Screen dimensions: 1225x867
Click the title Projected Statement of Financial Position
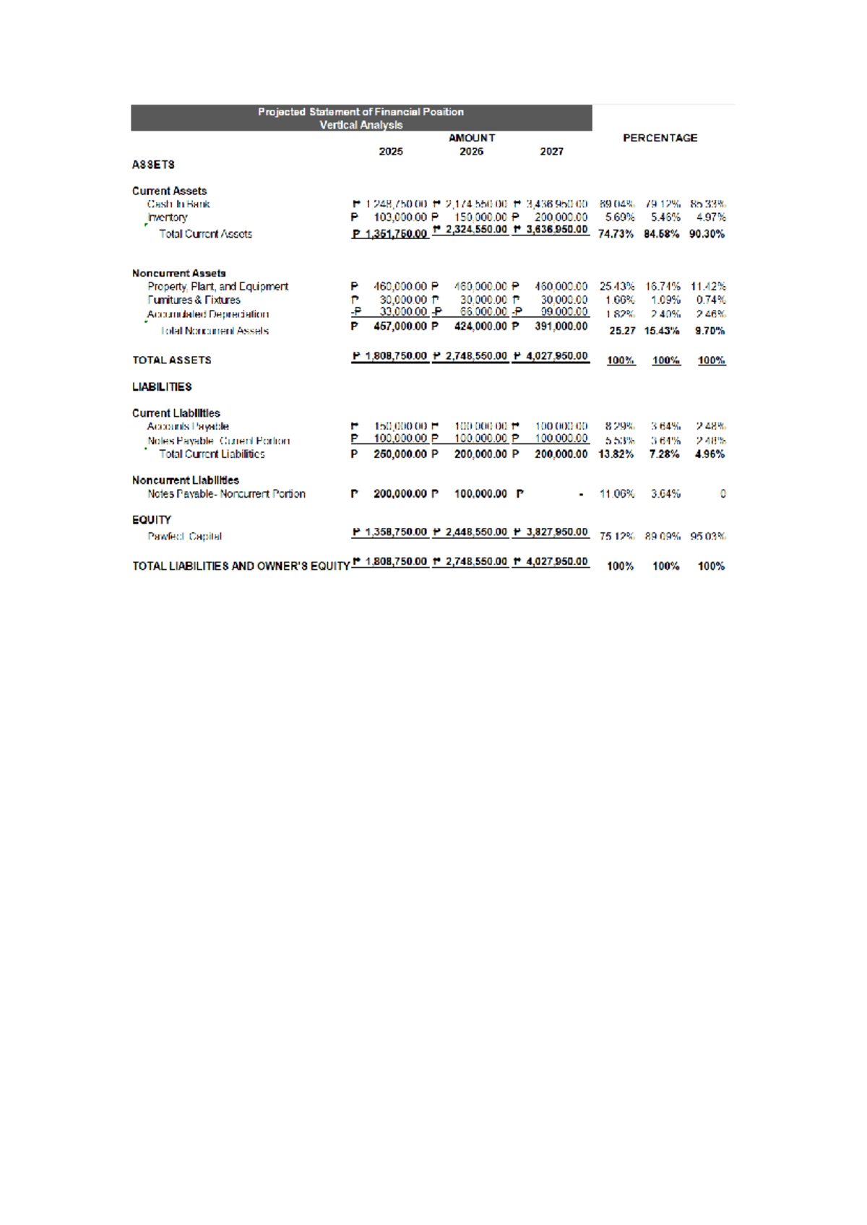361,112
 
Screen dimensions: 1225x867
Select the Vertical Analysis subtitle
361,125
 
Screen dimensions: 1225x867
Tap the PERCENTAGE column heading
660,138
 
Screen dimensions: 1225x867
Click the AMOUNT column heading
472,138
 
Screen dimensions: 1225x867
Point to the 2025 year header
391,152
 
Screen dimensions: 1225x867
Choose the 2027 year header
551,152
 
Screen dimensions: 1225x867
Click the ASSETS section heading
153,165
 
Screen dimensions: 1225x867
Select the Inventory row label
168,217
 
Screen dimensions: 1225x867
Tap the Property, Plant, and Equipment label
217,287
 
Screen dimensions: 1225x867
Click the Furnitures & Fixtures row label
194,300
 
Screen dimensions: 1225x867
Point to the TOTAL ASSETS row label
172,360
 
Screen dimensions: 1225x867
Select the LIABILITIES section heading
162,387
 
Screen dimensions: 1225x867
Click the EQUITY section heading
152,520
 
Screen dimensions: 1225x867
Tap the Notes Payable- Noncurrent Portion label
226,494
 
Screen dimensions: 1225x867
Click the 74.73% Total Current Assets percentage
616,234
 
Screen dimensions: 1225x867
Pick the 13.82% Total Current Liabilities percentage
616,454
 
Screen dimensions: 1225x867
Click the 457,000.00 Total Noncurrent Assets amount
400,326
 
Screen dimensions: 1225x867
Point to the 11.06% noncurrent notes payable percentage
617,494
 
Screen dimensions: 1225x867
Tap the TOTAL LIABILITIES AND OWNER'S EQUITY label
241,566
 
